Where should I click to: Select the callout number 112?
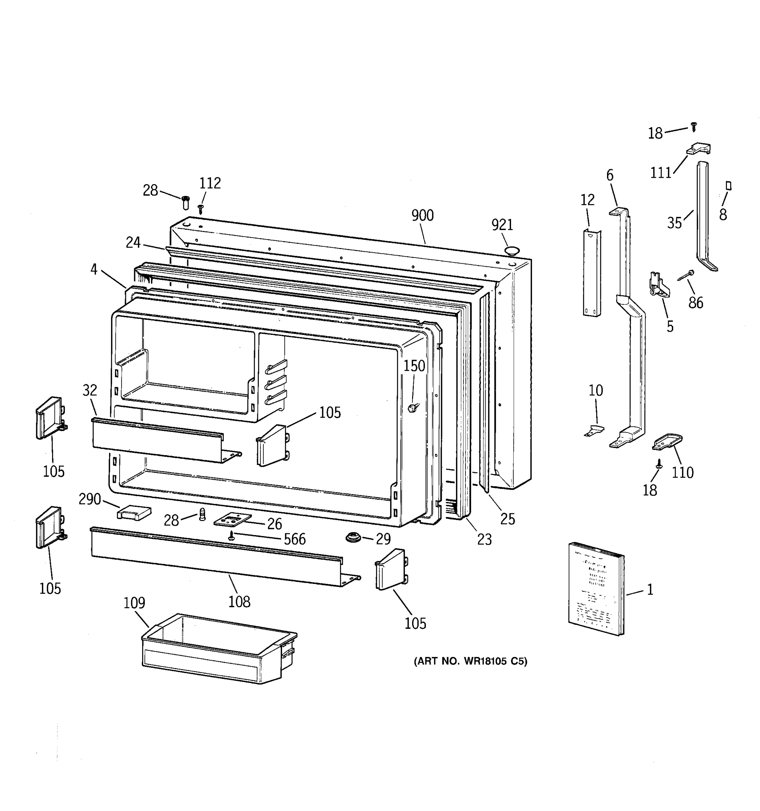[x=210, y=183]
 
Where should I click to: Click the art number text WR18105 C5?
[x=470, y=661]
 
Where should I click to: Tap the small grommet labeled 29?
[x=353, y=537]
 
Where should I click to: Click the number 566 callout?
[x=295, y=539]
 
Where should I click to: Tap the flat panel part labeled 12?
[x=591, y=273]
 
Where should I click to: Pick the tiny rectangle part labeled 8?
[x=729, y=186]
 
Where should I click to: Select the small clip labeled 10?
[x=594, y=430]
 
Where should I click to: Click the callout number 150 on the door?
[x=414, y=366]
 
